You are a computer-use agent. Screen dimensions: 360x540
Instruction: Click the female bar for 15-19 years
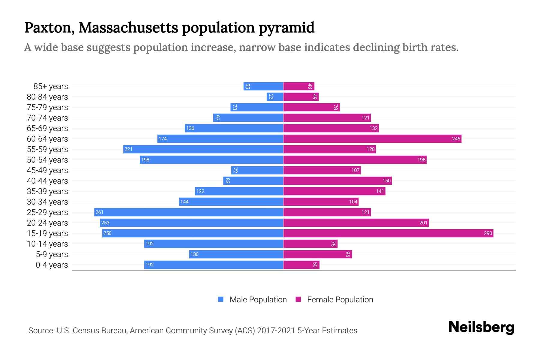pos(388,233)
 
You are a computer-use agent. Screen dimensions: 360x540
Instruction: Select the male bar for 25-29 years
pos(188,212)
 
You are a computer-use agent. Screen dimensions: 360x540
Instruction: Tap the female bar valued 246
pos(372,139)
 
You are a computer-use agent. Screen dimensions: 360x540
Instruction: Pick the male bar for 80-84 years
pos(275,97)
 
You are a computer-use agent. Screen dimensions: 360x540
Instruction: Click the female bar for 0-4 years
pos(301,265)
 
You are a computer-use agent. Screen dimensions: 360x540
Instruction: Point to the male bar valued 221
pos(203,149)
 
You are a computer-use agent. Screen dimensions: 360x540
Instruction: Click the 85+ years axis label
pos(51,86)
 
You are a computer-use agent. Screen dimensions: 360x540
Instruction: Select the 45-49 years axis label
pos(47,170)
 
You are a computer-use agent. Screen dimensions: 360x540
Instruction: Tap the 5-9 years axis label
pos(52,254)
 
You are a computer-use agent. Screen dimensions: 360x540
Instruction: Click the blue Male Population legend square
pos(221,299)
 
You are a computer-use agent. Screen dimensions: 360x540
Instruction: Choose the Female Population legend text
pos(340,299)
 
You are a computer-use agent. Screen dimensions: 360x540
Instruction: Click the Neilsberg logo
pos(481,327)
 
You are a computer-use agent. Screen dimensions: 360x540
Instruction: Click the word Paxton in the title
pos(49,28)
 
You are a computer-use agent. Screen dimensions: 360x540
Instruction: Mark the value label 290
pos(488,233)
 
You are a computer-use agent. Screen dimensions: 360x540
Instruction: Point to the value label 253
pos(105,223)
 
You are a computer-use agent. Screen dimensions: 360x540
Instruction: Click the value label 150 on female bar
pos(386,181)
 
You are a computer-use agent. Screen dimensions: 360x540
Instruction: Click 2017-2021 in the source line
pos(276,331)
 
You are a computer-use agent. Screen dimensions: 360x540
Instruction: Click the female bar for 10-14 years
pos(310,244)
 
